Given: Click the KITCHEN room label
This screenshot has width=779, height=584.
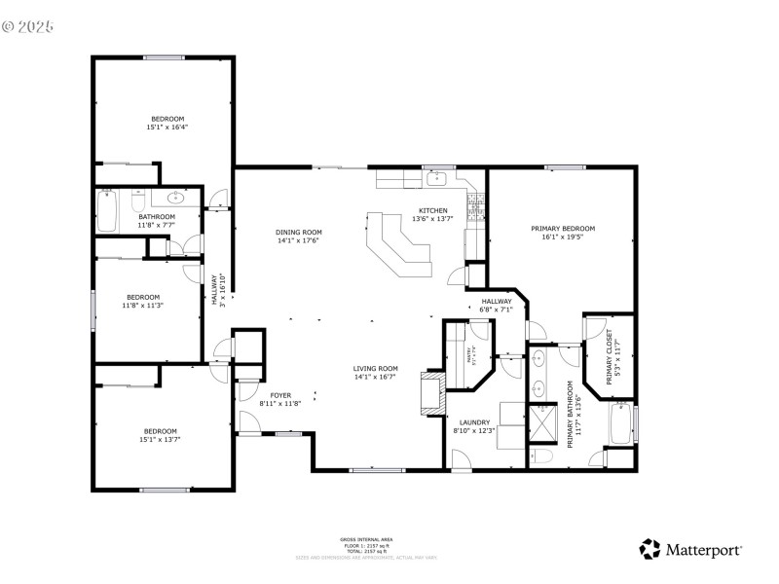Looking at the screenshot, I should click(x=433, y=210).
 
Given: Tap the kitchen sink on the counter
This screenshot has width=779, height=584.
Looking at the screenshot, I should click(x=437, y=178).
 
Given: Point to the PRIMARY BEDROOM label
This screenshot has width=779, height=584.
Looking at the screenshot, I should click(x=563, y=229).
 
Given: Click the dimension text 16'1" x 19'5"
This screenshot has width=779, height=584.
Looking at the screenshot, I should click(x=563, y=237).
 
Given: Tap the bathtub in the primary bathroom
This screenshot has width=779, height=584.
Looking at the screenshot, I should click(x=619, y=424).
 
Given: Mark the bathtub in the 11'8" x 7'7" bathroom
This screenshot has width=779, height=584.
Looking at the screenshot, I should click(x=106, y=210).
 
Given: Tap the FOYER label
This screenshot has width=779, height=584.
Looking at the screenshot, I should click(x=280, y=395).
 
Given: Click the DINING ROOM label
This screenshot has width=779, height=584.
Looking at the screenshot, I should click(x=299, y=233).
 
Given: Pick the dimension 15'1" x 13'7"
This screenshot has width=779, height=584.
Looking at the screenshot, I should click(x=161, y=440).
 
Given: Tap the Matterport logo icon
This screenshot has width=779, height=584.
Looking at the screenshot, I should click(x=649, y=549).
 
